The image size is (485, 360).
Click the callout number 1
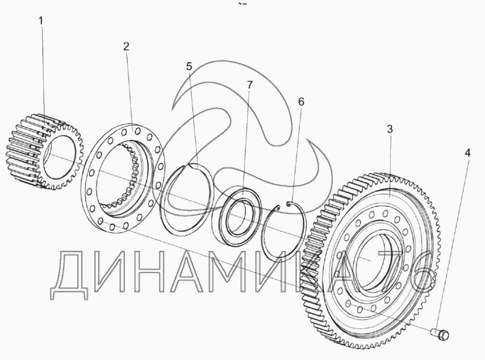pyautogui.click(x=41, y=21)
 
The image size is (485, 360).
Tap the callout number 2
pyautogui.click(x=126, y=47)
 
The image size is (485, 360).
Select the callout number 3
pyautogui.click(x=390, y=129)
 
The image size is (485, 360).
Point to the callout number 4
pyautogui.click(x=467, y=153)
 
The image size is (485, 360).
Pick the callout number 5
pyautogui.click(x=189, y=66)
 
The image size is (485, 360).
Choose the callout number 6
pyautogui.click(x=301, y=101)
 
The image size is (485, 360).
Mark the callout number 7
pyautogui.click(x=250, y=85)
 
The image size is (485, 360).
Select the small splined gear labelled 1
pyautogui.click(x=44, y=151)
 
